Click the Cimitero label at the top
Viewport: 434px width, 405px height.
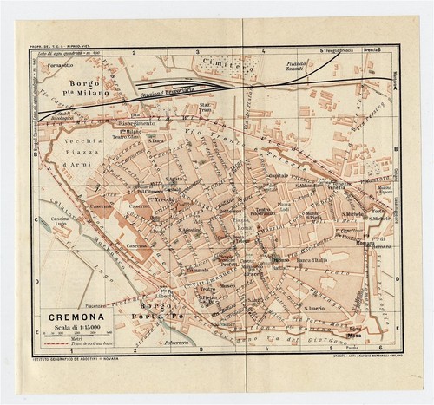coord(236,63)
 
